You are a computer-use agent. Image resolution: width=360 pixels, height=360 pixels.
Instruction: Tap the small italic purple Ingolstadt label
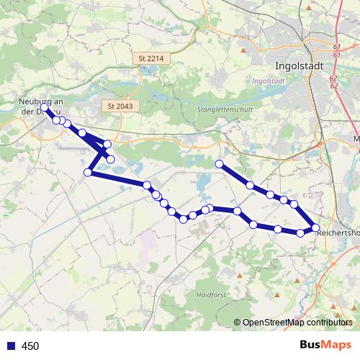(270, 81)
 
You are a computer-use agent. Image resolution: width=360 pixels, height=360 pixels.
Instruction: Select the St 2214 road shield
(147, 58)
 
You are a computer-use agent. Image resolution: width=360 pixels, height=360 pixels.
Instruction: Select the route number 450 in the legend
(30, 346)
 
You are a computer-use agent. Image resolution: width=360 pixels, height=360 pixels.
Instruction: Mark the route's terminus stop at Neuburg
(45, 108)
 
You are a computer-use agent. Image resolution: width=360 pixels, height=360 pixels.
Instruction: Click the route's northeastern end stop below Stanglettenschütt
(219, 164)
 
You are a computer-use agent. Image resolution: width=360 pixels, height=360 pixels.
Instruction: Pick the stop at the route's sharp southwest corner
(88, 172)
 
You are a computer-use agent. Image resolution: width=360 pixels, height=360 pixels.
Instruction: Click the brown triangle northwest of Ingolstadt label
(245, 50)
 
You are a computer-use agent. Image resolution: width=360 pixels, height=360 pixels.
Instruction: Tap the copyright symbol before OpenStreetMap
(237, 323)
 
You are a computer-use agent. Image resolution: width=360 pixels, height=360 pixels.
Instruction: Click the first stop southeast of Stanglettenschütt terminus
(250, 185)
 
